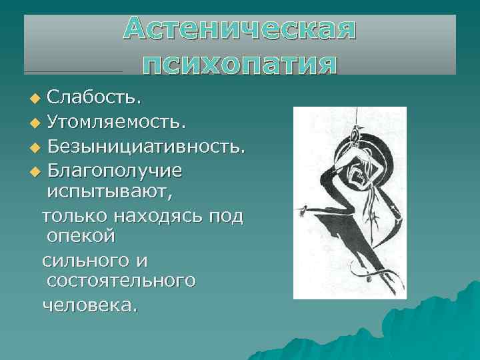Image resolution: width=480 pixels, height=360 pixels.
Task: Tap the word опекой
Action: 81,237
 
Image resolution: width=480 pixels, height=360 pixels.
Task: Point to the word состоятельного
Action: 121,281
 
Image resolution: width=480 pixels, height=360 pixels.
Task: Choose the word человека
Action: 89,304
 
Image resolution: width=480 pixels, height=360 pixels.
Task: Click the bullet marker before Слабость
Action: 35,99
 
